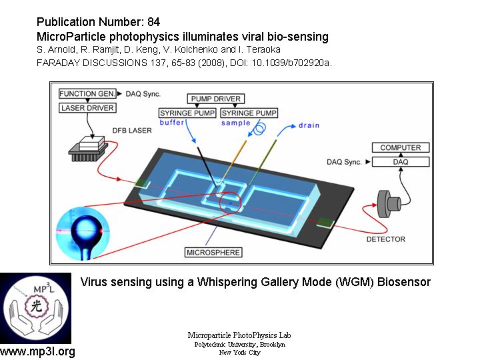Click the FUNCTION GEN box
[87, 95]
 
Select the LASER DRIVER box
[87, 108]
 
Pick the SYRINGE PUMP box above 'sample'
[249, 113]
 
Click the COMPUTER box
[400, 148]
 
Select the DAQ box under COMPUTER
[400, 161]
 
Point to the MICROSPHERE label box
[213, 253]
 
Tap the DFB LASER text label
[117, 131]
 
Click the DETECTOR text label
[385, 239]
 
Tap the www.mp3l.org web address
[38, 351]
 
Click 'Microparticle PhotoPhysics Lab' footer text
[239, 335]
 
